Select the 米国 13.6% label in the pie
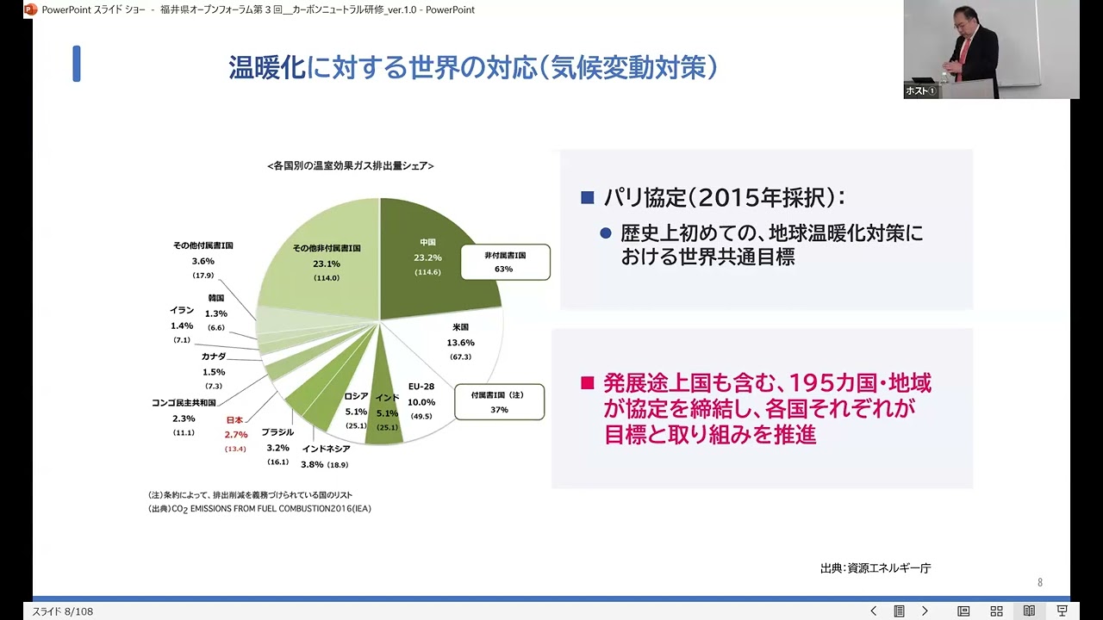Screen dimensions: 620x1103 coord(460,342)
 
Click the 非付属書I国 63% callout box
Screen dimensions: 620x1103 coord(505,262)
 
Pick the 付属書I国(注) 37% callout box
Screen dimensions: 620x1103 coord(499,402)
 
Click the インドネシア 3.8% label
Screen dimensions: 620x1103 coord(326,456)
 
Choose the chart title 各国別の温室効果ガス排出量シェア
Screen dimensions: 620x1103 coord(351,165)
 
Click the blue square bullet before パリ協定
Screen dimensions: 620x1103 coord(588,198)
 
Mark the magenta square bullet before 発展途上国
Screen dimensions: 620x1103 coord(588,383)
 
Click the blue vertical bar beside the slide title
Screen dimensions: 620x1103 coord(77,65)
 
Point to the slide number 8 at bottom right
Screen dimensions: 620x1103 coord(1040,583)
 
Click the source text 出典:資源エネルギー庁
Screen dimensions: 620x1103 coord(876,568)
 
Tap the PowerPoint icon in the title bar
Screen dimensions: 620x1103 coord(31,9)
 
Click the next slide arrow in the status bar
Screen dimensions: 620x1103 coord(925,611)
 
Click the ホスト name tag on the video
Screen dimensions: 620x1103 coord(919,90)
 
